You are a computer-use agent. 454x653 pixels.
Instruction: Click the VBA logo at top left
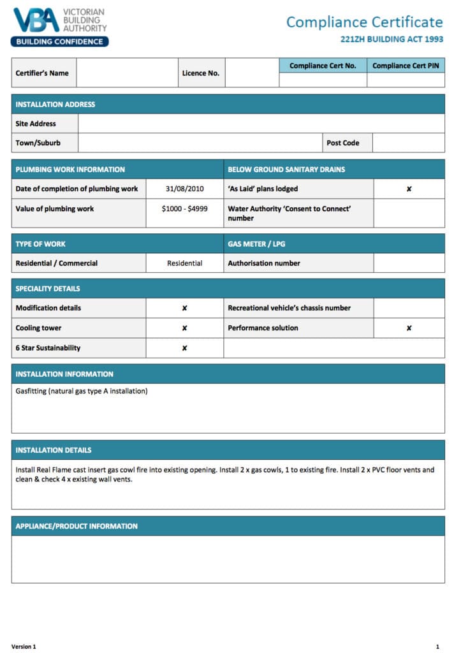[x=60, y=27]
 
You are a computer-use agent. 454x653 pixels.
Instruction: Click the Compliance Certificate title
[x=364, y=22]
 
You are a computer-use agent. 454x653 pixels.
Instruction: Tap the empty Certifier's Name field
[x=127, y=73]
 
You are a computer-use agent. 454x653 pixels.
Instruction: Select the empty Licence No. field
[x=252, y=73]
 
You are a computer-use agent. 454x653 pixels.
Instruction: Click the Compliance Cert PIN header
[x=406, y=66]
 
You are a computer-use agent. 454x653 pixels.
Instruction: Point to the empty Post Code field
[x=408, y=143]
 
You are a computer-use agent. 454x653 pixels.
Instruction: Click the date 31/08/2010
[x=184, y=189]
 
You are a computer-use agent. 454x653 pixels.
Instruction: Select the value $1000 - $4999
[x=184, y=209]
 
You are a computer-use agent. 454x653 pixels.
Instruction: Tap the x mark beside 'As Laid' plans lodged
[x=409, y=189]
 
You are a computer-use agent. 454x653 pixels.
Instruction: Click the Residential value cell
[x=184, y=263]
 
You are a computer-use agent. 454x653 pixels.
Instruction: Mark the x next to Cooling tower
[x=184, y=328]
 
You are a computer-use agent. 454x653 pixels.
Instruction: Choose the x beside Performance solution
[x=409, y=328]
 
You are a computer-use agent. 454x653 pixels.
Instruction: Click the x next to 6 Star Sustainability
[x=184, y=348]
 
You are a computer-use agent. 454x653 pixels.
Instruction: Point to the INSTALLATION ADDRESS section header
[x=55, y=105]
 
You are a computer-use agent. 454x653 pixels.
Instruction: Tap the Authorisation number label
[x=264, y=263]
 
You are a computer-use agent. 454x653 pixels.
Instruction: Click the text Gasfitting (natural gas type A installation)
[x=82, y=391]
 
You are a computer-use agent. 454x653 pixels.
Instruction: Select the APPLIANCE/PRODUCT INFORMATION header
[x=77, y=526]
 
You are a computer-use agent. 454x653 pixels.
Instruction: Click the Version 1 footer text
[x=24, y=647]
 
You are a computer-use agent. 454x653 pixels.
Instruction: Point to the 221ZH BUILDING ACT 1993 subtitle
[x=392, y=39]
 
